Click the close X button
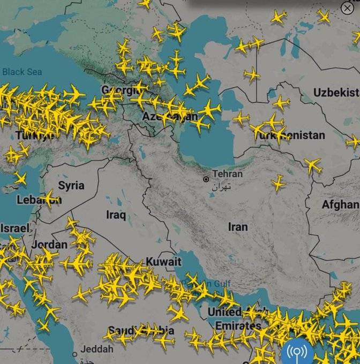[347, 9]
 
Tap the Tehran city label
[227, 174]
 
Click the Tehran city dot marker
[206, 179]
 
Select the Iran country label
[238, 227]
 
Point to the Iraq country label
[116, 215]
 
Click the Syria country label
[71, 186]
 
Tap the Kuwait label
[164, 262]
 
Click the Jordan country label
[49, 245]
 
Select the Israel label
[14, 228]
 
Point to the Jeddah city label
[97, 349]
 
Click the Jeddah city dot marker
[75, 354]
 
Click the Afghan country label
[340, 204]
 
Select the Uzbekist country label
[336, 93]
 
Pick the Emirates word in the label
[238, 325]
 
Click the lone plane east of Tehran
[278, 184]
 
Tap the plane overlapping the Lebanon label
[50, 199]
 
